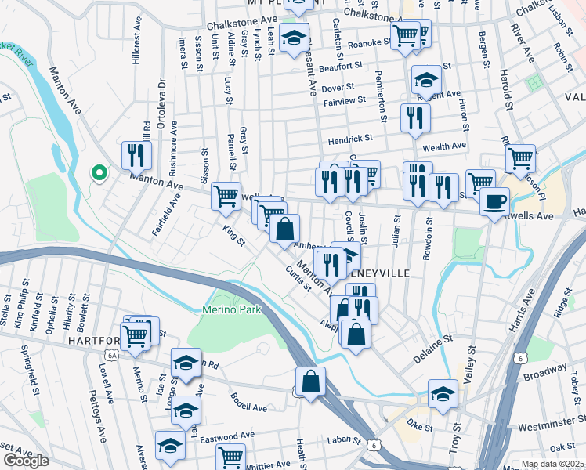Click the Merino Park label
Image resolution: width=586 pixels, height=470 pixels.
click(226, 309)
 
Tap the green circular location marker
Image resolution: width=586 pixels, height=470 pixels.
click(99, 172)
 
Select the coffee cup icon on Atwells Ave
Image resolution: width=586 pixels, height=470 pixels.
click(494, 201)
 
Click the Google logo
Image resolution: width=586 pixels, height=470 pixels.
click(26, 461)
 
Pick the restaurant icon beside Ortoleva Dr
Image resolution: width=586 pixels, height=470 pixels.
click(137, 156)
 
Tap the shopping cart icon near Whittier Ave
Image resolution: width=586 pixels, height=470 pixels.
click(230, 457)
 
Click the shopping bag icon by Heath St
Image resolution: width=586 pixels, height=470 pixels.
click(311, 382)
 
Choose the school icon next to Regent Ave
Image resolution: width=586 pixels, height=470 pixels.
click(427, 80)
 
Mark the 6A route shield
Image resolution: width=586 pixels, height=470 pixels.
click(112, 355)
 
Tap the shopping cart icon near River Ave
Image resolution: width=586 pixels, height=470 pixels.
click(520, 158)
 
